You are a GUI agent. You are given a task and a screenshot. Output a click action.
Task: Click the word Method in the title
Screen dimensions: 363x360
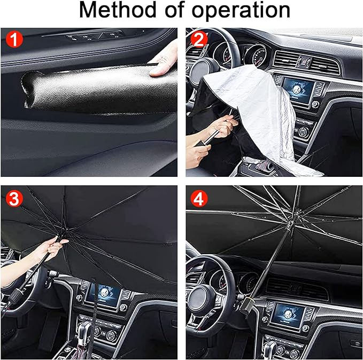point(118,10)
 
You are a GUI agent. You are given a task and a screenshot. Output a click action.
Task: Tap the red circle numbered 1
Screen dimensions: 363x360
point(14,39)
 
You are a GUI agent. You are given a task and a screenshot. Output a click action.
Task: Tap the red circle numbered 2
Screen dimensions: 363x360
point(199,39)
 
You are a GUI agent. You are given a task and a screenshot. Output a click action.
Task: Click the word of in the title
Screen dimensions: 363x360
point(174,10)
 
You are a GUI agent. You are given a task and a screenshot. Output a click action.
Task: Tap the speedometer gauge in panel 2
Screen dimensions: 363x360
point(259,56)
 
